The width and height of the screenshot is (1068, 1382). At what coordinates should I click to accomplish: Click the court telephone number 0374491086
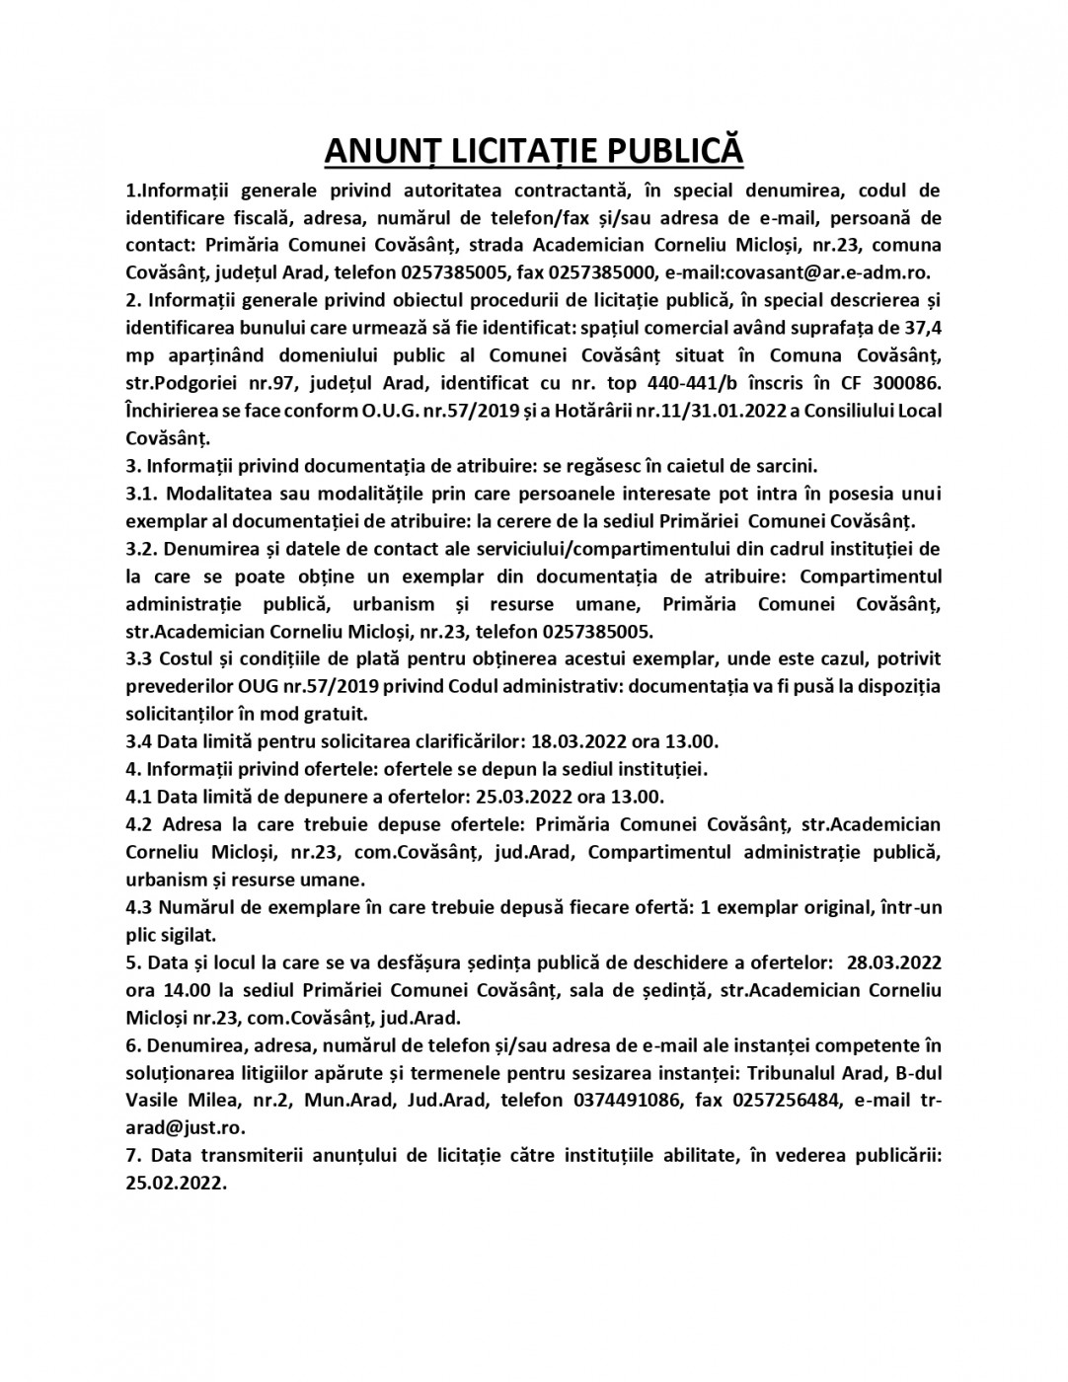point(627,1100)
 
